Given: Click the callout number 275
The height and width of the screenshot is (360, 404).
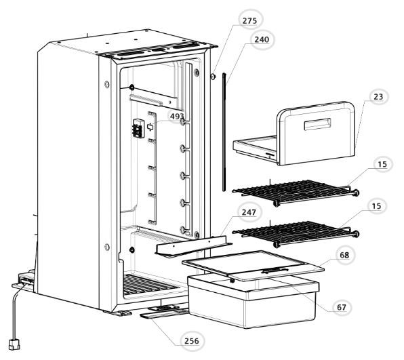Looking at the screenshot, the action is point(249,20).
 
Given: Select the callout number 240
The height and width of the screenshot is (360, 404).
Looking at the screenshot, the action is point(262,40).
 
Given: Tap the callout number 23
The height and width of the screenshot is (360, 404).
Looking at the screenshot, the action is point(378,97).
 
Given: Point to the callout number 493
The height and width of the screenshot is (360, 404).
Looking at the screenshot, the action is point(177,117).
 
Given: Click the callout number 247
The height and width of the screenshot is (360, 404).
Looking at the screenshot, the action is point(249,212).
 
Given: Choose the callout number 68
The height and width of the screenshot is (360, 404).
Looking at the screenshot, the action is point(344,255).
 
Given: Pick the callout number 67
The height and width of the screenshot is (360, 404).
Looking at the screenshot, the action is point(342,307).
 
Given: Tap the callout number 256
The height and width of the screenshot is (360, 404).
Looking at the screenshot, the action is point(192,341).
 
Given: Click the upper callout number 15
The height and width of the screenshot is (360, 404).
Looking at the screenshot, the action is point(382,164).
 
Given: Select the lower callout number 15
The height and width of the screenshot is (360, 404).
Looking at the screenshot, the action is point(376,206).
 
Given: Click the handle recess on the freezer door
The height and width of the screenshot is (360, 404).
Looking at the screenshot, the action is point(317,124).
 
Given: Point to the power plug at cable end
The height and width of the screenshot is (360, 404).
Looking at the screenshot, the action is point(14,345).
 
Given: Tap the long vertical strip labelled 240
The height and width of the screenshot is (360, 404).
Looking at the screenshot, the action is point(224,132).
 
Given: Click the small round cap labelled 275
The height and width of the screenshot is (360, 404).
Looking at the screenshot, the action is point(213,77).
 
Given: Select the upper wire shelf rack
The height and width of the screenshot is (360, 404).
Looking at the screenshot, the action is point(296,193).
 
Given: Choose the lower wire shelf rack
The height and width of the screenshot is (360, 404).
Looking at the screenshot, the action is point(296,234).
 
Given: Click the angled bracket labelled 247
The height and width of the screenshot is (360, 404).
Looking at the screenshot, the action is point(194,247).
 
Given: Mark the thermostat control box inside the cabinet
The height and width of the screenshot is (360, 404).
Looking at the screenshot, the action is point(138,128).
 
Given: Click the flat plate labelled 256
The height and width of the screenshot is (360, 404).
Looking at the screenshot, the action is point(165,313).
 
